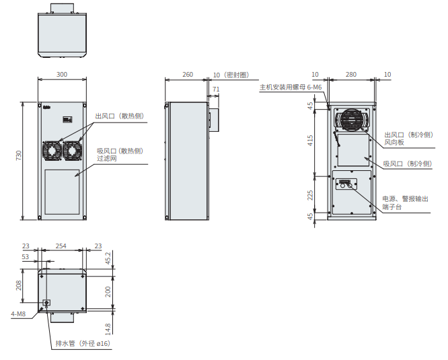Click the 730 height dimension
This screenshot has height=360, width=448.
pos(19,155)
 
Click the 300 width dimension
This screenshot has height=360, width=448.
pos(62,75)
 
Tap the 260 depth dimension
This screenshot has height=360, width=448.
pos(188,75)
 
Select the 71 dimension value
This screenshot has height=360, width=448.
pos(216,89)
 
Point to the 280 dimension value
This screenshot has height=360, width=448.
pos(351,75)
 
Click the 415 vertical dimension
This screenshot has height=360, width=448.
pos(310,141)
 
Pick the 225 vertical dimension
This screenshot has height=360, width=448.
pos(310,195)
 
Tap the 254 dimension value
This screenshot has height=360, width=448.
pos(61,246)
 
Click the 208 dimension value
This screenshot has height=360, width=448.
pos(19,285)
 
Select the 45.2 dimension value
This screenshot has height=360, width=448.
pos(108,258)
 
